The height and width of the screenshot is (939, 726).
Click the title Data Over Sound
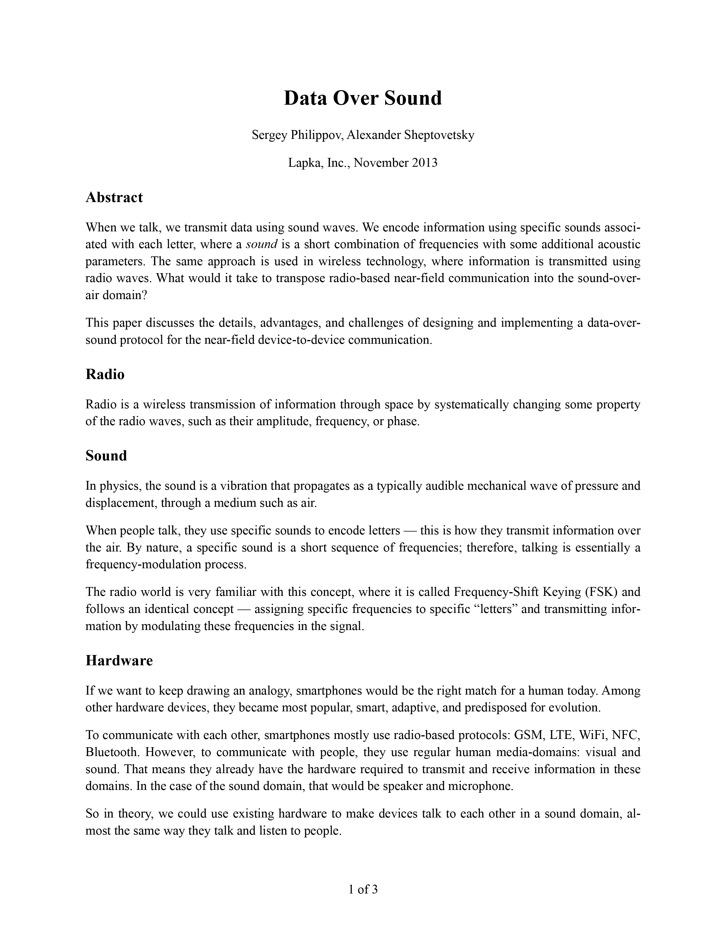click(x=362, y=98)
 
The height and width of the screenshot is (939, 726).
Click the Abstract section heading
click(x=114, y=197)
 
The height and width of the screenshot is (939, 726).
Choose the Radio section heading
click(x=105, y=374)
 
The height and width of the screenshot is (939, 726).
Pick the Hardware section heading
click(x=119, y=660)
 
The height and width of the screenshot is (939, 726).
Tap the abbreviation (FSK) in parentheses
click(x=601, y=592)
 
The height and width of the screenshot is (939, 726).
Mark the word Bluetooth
click(x=112, y=752)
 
